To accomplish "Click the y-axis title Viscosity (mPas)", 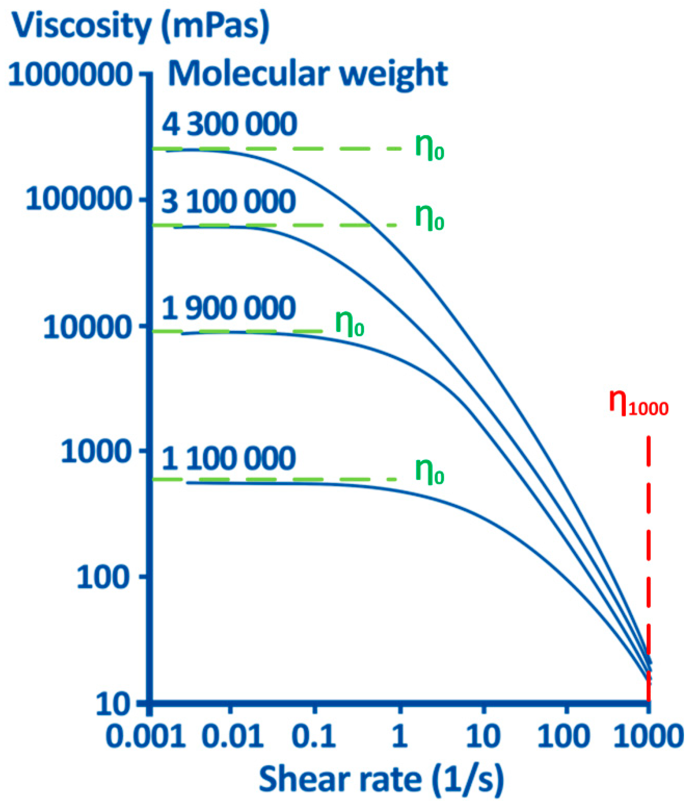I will coord(141,26).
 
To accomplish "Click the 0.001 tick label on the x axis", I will coord(145,736).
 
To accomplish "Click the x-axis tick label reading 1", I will coord(399,736).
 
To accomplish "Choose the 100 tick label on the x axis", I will coord(564,736).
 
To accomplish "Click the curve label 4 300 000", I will coord(229,125).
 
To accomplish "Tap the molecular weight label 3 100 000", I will coord(229,202).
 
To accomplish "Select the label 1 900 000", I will coord(229,308).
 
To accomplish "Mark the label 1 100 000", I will coord(229,458).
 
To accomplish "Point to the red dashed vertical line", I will coord(648,544).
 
